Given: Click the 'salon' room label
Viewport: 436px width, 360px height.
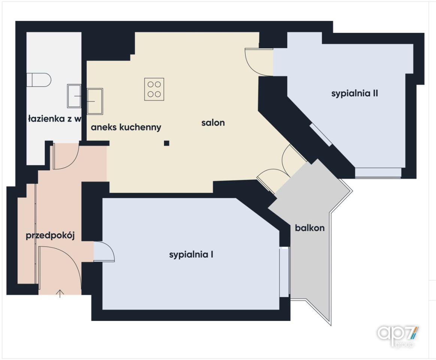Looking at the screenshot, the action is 213,123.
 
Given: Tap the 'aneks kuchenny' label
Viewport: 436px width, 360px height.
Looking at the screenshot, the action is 126,127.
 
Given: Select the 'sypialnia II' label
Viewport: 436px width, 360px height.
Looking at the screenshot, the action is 354,93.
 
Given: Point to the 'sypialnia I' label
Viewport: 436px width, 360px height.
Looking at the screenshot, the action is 191,255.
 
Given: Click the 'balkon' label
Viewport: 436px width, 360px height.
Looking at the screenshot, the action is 310,228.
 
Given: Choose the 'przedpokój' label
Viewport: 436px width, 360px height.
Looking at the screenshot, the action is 50,236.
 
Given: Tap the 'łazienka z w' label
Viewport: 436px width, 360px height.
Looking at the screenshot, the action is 55,119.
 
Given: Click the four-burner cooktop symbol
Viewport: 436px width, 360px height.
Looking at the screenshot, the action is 154,89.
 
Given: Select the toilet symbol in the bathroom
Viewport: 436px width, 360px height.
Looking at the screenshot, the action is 39,80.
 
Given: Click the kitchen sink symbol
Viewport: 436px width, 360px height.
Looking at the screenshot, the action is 95,101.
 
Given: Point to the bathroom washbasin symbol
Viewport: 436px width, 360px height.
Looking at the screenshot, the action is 74,96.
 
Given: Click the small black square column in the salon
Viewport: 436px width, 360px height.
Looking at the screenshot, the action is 167,143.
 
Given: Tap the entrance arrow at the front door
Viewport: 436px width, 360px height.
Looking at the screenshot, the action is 60,294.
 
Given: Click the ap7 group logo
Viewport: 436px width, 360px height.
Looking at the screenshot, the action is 398,336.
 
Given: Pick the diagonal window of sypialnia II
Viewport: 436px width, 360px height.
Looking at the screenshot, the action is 321,135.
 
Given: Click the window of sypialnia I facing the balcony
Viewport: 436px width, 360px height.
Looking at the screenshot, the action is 284,272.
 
